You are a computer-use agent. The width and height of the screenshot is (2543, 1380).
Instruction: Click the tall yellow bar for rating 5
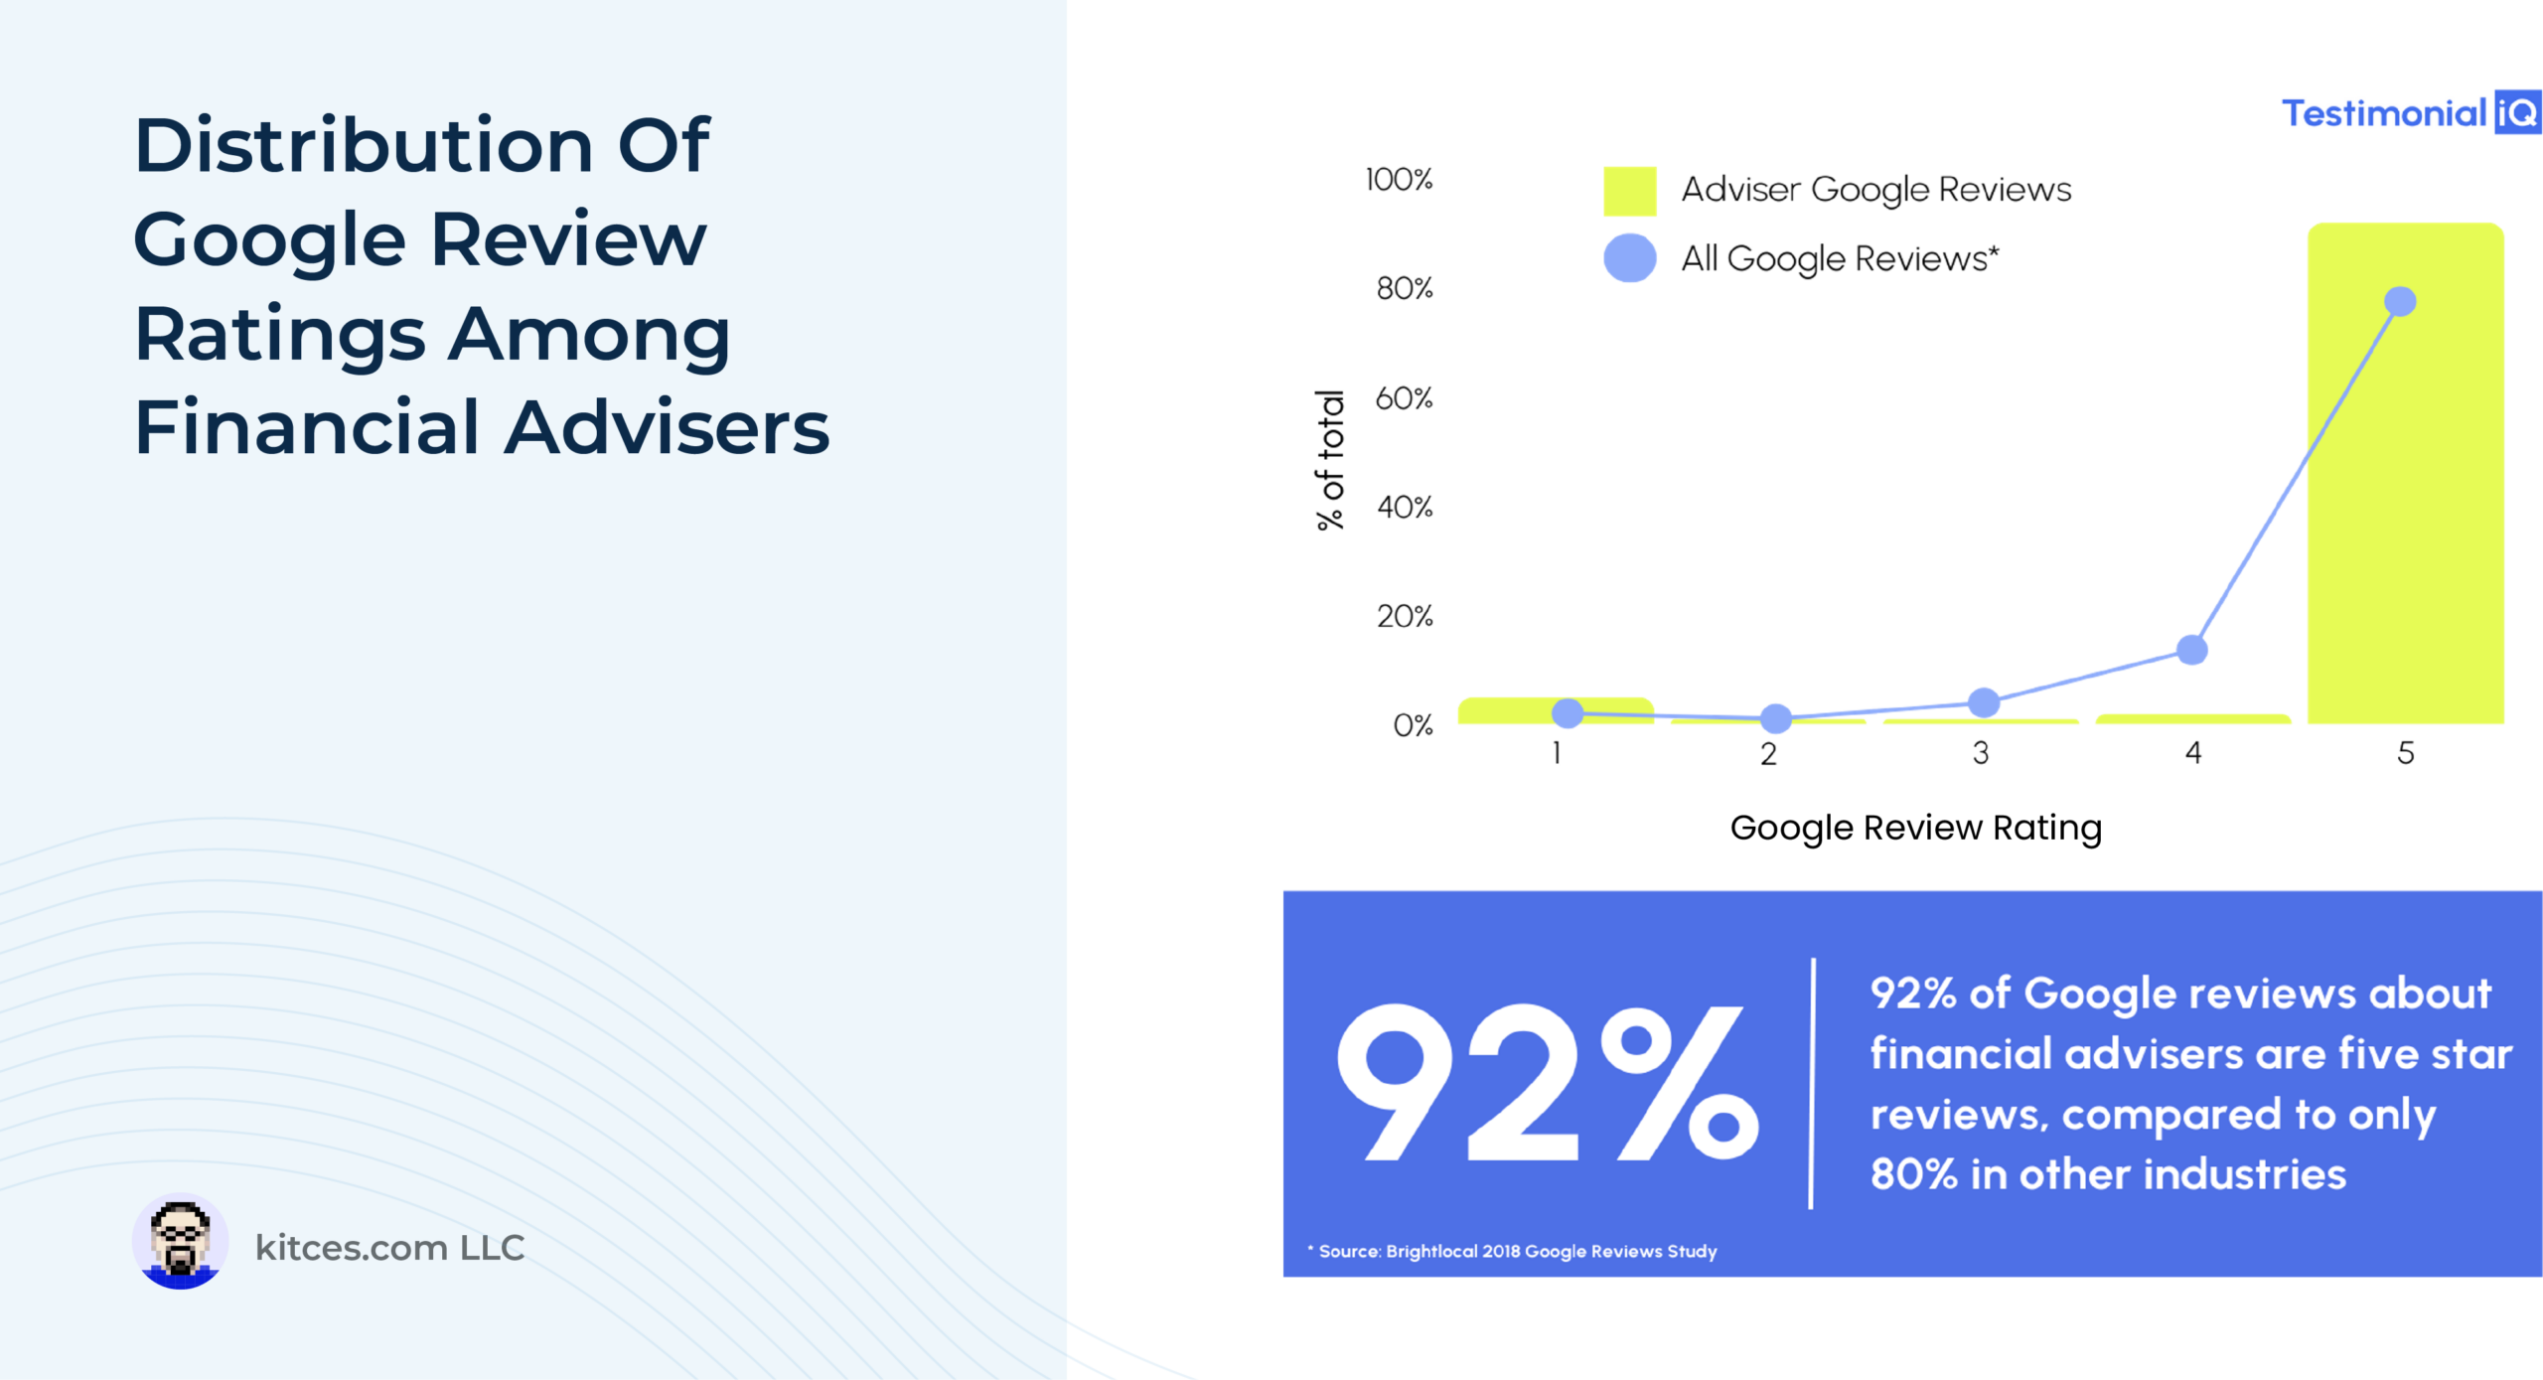pos(2405,473)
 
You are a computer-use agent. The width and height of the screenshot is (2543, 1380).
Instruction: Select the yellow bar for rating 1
pos(1556,710)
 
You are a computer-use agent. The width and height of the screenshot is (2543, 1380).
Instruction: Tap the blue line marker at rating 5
pos(2400,301)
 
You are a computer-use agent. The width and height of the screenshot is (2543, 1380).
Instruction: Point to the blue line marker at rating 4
pos(2192,650)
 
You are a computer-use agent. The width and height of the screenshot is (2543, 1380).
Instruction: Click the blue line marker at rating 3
pos(1984,702)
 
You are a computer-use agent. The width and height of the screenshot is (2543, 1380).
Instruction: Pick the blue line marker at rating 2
pos(1776,717)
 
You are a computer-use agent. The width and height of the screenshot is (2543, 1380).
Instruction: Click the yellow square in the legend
pos(1630,191)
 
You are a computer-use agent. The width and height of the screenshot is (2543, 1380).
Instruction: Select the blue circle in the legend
pos(1630,258)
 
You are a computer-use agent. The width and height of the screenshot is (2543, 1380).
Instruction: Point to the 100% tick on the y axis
pos(1399,180)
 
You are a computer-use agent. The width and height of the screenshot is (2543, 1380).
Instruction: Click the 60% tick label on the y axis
pos(1404,398)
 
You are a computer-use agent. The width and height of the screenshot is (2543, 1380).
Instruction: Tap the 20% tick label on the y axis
pos(1405,616)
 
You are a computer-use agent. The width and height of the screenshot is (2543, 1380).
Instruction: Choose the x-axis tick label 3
pos(1981,753)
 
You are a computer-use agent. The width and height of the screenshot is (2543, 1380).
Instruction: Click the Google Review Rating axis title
pos(1916,828)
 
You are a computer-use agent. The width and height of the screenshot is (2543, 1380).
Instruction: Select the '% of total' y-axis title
pos(1330,460)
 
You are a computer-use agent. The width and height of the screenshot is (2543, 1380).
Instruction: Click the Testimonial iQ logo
pos(2411,112)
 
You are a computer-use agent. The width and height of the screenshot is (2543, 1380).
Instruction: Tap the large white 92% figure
pos(1548,1082)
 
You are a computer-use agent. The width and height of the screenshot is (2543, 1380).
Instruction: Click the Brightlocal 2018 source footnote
pos(1512,1251)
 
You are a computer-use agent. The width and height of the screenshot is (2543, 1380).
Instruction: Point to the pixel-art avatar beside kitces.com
pos(180,1242)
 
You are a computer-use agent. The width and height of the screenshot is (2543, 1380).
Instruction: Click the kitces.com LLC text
pos(389,1247)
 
